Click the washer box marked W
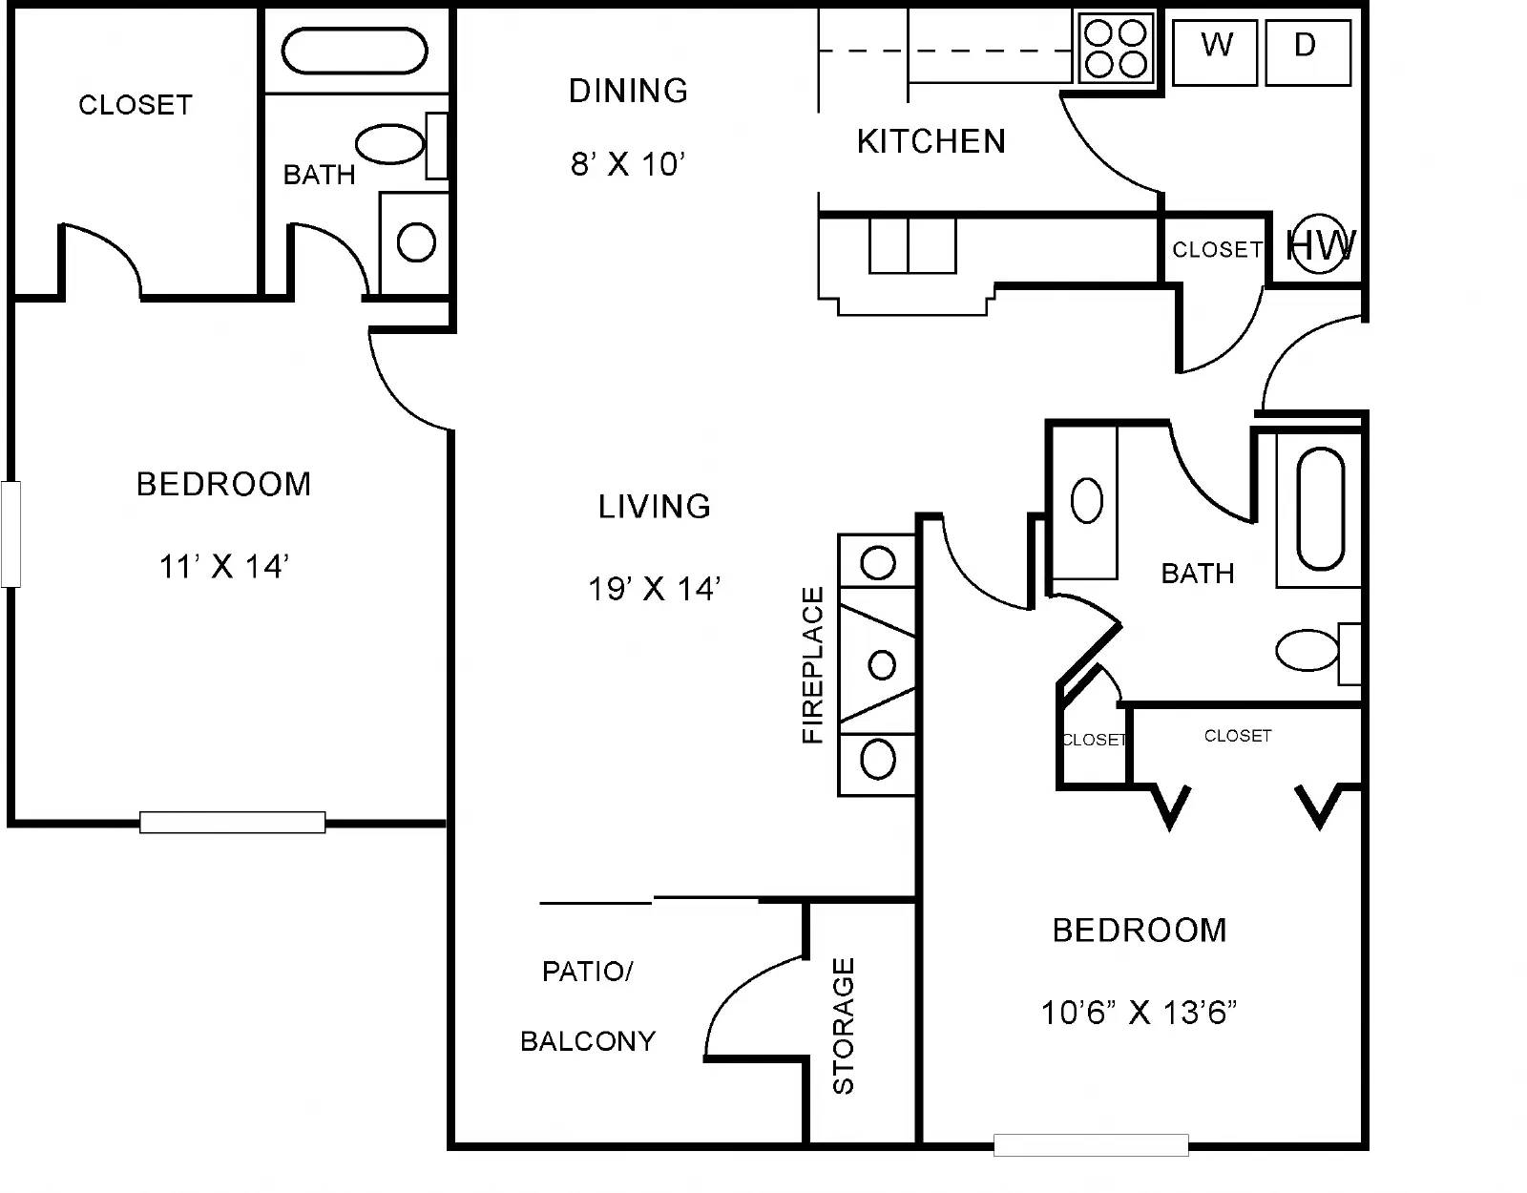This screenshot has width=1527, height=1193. pos(1215,52)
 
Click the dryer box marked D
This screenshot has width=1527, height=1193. pos(1307,52)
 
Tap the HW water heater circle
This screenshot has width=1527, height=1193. pos(1319,243)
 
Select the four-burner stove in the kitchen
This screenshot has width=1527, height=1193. pos(1116,49)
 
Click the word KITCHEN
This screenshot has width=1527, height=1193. pos(931,142)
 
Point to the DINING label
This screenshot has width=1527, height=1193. pos(628,92)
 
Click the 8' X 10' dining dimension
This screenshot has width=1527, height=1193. pos(628,164)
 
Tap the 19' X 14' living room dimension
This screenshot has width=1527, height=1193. pos(655,589)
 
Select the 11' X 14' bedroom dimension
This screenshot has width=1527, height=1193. pos(224,566)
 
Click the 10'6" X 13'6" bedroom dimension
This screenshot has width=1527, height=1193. pos(1139,1013)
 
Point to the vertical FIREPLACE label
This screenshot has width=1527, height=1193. pos(812,664)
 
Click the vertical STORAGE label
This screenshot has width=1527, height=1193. pos(844,1026)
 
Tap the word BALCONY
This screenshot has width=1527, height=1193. pos(588,1041)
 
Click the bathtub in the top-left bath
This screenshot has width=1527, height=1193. pos(354,51)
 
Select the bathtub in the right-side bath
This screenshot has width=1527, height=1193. pos(1321,508)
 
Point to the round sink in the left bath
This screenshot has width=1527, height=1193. pos(416,242)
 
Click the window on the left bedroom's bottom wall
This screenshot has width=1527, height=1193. pos(233,823)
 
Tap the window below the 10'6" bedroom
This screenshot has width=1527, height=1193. pos(1091,1145)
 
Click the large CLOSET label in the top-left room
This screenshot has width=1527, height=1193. pos(136,105)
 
